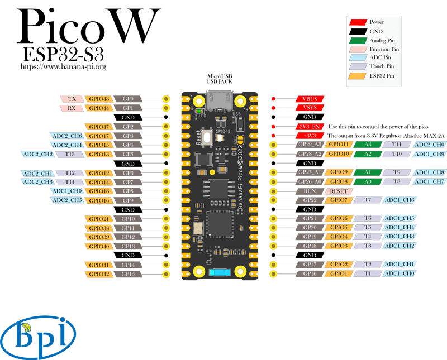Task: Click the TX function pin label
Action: coord(72,99)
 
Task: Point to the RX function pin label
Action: coord(72,108)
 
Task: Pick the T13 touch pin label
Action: coord(70,154)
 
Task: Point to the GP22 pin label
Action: coord(311,200)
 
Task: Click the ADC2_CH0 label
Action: coord(429,145)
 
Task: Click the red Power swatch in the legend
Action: coord(358,22)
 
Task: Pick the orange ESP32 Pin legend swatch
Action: coord(358,75)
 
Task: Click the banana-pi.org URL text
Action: coord(63,66)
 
